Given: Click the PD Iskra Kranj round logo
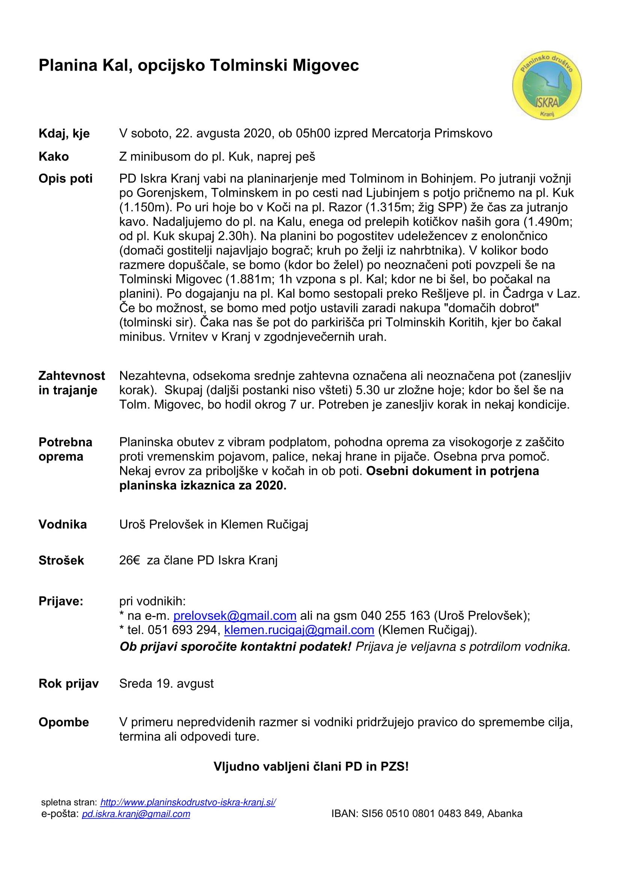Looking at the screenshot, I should [547, 85].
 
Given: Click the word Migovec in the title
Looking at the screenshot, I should [326, 65].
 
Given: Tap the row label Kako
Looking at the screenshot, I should [54, 157].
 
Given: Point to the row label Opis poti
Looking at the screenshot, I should [65, 179].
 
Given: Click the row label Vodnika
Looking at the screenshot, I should [62, 524].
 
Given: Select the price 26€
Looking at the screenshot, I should [130, 560].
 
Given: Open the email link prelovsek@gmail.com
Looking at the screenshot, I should [235, 615].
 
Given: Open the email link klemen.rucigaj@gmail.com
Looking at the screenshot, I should [298, 630].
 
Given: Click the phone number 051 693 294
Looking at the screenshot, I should [182, 630].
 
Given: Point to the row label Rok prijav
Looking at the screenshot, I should [68, 683].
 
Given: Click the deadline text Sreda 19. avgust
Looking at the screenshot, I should [166, 683].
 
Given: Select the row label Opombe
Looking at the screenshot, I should [63, 722].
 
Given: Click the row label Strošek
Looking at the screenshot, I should [61, 560].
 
